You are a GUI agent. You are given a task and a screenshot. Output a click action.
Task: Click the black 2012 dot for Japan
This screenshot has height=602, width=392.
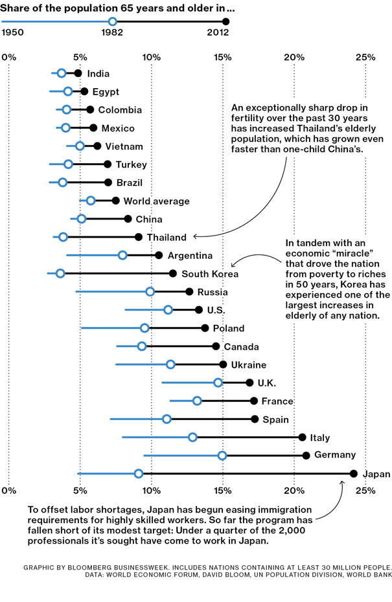353,474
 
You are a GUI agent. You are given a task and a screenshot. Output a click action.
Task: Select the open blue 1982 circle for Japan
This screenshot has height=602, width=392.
138,474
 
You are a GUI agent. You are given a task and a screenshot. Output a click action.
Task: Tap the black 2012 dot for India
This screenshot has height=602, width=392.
78,73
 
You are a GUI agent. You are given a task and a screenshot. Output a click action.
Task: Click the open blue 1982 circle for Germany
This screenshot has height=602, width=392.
222,456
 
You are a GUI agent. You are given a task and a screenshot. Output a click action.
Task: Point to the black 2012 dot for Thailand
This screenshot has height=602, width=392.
138,237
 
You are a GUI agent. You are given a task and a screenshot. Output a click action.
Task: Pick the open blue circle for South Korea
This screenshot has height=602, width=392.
60,273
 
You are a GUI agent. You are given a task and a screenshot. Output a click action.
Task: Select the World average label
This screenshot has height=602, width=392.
156,201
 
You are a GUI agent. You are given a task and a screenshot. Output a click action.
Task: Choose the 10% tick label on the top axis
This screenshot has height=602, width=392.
151,58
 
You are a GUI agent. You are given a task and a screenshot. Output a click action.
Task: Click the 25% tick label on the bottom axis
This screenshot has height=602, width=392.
365,491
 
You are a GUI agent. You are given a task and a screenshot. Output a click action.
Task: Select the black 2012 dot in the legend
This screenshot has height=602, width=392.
225,22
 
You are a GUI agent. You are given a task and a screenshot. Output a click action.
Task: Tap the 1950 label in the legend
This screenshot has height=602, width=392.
12,34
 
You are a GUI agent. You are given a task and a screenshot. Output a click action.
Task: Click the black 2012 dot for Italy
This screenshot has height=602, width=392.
302,438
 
